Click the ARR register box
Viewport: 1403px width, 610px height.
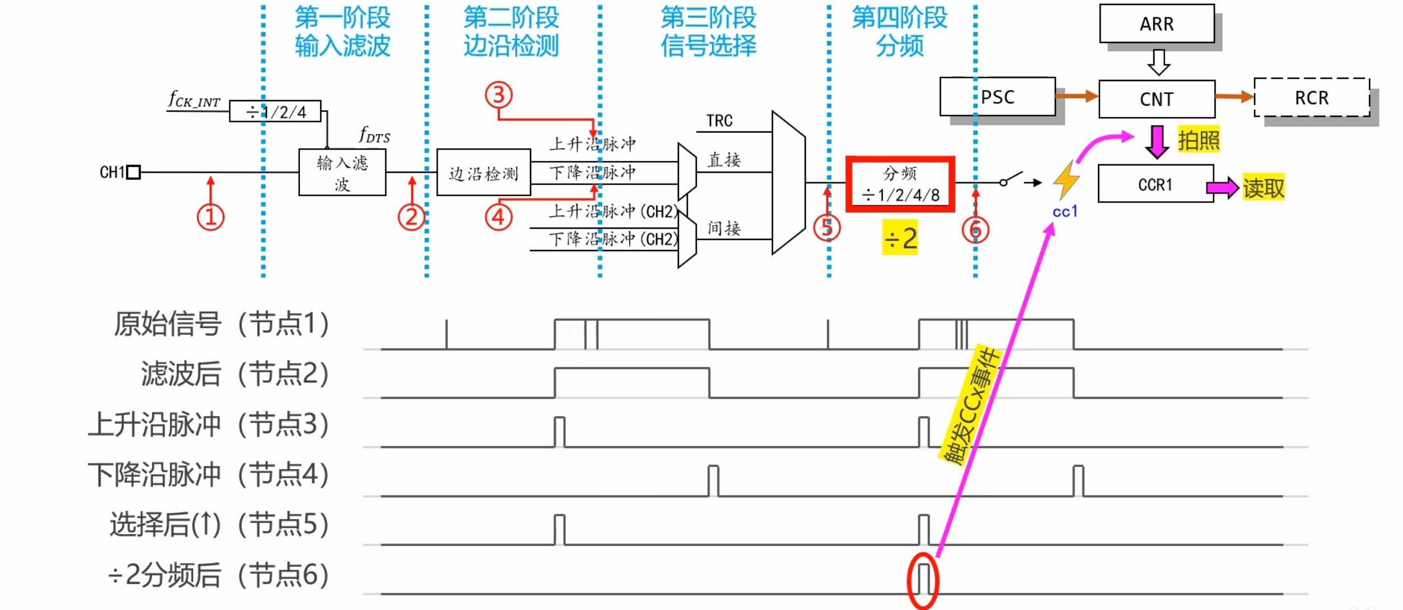click(x=1156, y=23)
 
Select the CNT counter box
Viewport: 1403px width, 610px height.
click(x=1156, y=99)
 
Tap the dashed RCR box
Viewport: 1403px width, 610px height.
click(x=1311, y=98)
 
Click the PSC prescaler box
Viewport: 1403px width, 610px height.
click(x=997, y=97)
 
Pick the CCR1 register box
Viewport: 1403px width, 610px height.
click(x=1155, y=184)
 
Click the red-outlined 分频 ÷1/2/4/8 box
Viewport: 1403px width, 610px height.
click(x=900, y=184)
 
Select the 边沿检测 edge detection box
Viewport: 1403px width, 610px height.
click(x=484, y=173)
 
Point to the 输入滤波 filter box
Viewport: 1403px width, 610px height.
click(x=342, y=173)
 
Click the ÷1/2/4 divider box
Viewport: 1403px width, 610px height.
click(x=275, y=111)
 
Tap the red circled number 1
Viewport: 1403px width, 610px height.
click(x=210, y=217)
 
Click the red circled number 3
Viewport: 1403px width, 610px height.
click(x=499, y=94)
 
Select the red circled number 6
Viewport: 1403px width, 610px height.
click(x=975, y=229)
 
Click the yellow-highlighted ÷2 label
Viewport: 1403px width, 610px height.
click(x=900, y=238)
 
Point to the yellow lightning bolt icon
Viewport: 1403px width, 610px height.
click(x=1066, y=180)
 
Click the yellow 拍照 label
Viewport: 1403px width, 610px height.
click(x=1198, y=140)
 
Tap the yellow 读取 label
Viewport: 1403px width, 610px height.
click(x=1263, y=187)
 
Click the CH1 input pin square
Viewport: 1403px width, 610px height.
click(x=133, y=172)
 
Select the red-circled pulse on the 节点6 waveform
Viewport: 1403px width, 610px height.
click(x=923, y=580)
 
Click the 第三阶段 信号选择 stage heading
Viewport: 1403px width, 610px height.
click(x=708, y=32)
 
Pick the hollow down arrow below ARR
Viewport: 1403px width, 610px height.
click(x=1158, y=62)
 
